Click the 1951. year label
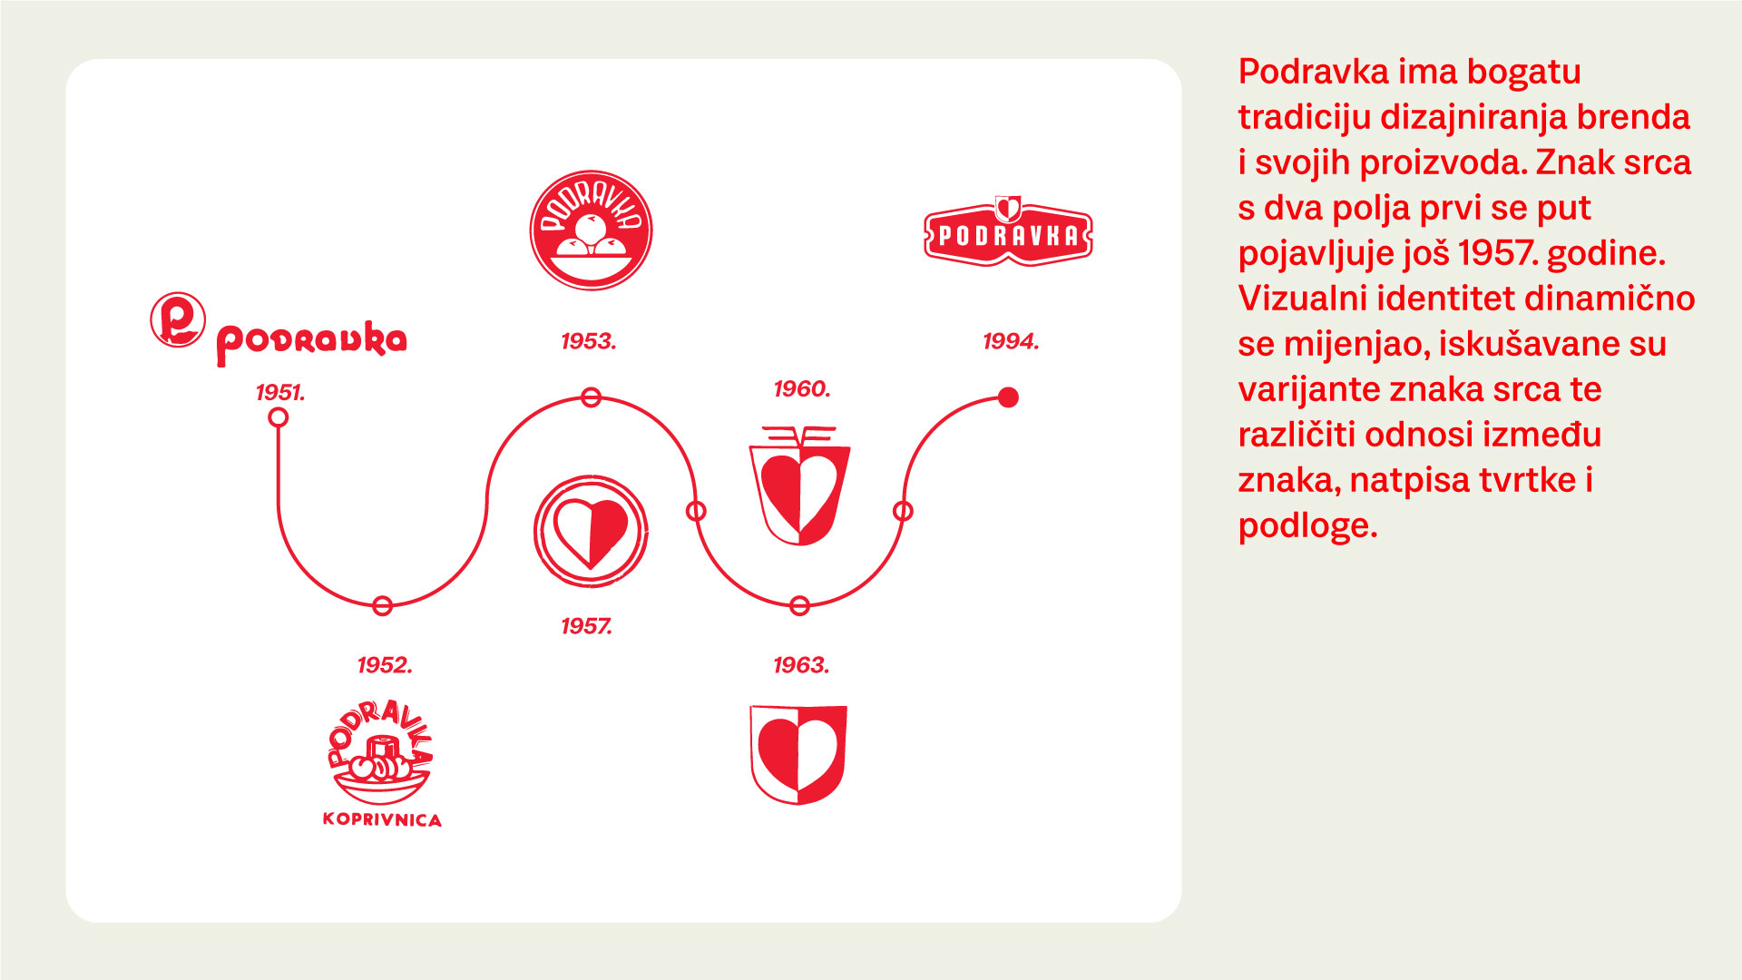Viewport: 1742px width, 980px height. pyautogui.click(x=280, y=392)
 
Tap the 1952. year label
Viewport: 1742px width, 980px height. pyautogui.click(x=385, y=665)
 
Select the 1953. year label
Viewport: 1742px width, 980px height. pyautogui.click(x=589, y=341)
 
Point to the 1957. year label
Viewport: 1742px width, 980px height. pyautogui.click(x=587, y=626)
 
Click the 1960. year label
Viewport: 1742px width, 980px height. pyautogui.click(x=802, y=389)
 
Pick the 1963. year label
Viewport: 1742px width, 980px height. pyautogui.click(x=801, y=665)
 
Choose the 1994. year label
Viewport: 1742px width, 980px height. pyautogui.click(x=1011, y=341)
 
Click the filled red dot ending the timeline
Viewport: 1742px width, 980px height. pyautogui.click(x=1008, y=397)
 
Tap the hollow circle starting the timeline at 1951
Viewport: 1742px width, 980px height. pyautogui.click(x=279, y=417)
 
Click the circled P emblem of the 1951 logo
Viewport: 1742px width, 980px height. pyautogui.click(x=178, y=320)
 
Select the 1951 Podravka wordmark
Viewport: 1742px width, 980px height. pyautogui.click(x=311, y=342)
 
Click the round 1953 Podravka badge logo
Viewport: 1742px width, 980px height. pyautogui.click(x=591, y=230)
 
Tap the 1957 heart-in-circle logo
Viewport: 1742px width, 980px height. pyautogui.click(x=591, y=531)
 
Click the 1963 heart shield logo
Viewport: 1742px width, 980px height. pyautogui.click(x=798, y=754)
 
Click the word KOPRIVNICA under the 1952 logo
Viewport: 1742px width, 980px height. pyautogui.click(x=382, y=820)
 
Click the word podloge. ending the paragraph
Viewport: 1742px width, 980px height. pyautogui.click(x=1307, y=525)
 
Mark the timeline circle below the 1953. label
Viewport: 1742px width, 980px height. pyautogui.click(x=591, y=397)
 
